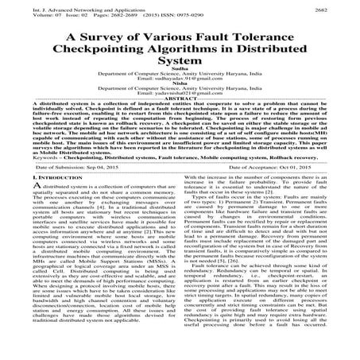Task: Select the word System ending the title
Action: click(x=180, y=64)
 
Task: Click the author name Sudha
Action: click(x=180, y=74)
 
